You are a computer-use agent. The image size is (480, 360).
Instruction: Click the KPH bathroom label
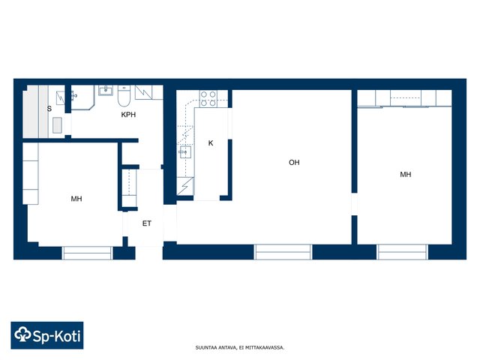click(128, 115)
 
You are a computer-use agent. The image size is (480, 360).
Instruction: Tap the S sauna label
click(49, 109)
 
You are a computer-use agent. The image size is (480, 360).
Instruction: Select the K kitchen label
click(211, 143)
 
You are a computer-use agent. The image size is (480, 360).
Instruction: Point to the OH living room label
click(294, 163)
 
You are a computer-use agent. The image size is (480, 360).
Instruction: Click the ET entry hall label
click(147, 223)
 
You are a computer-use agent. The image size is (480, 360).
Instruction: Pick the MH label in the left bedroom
click(76, 199)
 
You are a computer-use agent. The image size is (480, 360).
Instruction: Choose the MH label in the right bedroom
click(406, 175)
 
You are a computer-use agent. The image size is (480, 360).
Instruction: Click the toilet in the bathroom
click(124, 95)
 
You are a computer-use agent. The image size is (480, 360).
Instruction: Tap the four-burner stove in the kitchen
click(208, 98)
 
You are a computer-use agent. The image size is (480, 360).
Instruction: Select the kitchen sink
click(185, 152)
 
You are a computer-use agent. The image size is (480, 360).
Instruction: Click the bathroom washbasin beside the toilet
click(106, 90)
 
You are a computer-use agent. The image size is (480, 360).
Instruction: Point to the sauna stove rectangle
click(57, 125)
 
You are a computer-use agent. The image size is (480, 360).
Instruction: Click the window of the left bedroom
click(87, 253)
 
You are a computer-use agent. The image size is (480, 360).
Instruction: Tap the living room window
click(283, 252)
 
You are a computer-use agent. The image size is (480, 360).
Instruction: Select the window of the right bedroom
click(402, 252)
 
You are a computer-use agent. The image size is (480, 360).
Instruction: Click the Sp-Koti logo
click(47, 335)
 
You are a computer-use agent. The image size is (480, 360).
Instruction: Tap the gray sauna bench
click(35, 112)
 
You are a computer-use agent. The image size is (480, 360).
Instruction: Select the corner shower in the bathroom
click(82, 97)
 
